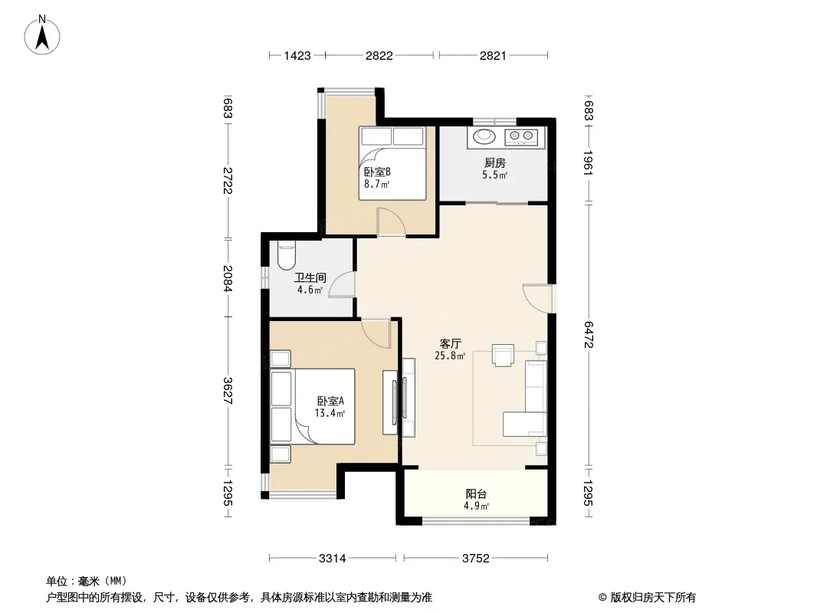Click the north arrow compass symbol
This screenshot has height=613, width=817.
tap(42, 35)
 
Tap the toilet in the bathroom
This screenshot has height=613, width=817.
tap(287, 254)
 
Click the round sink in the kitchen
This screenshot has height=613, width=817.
tap(484, 136)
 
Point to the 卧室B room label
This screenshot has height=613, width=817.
tap(377, 172)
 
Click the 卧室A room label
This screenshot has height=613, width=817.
tap(331, 401)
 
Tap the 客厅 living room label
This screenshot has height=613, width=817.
tap(450, 344)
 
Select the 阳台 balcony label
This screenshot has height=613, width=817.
tap(476, 493)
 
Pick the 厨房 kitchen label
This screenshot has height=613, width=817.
tap(494, 163)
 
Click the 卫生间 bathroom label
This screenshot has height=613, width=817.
tap(310, 277)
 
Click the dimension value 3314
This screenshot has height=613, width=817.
tap(333, 559)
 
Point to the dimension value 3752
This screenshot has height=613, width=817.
tap(476, 559)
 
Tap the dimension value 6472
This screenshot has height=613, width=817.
tap(589, 334)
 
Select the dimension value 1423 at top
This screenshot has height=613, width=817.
tap(297, 55)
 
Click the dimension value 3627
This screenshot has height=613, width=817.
tap(227, 391)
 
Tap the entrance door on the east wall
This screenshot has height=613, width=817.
tap(538, 298)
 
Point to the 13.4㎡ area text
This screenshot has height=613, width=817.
tap(330, 413)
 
